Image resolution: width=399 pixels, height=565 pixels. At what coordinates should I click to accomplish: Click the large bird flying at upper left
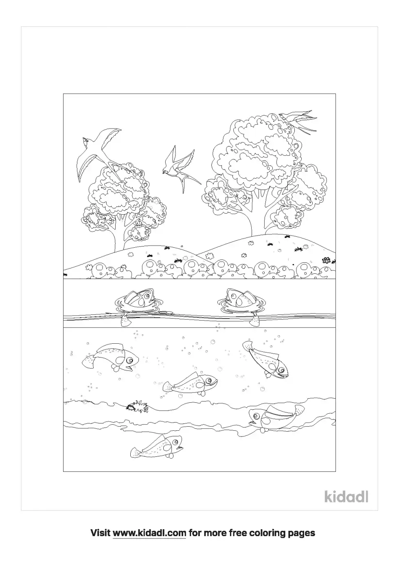pyautogui.click(x=98, y=151)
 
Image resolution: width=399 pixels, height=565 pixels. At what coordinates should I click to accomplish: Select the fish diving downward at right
pyautogui.click(x=267, y=358)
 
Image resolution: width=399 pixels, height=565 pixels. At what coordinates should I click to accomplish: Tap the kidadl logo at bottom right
pyautogui.click(x=346, y=496)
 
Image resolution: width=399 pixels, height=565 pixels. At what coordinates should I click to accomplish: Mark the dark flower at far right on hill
pyautogui.click(x=326, y=260)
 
